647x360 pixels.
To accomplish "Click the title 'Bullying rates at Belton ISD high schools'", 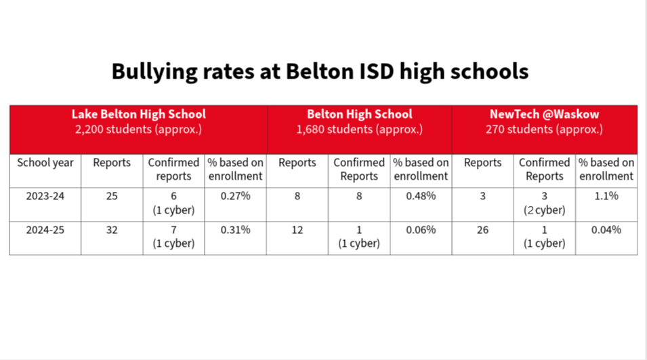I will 320,71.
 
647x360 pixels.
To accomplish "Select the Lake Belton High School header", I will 138,114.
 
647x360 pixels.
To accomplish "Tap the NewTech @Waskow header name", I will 544,114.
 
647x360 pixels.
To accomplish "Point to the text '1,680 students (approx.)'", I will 359,129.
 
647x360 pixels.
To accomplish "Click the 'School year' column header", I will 45,163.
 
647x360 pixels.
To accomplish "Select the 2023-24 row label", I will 45,197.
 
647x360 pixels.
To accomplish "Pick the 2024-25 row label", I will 45,230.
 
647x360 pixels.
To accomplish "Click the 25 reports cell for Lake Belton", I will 112,197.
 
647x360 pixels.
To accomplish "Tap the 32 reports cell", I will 112,230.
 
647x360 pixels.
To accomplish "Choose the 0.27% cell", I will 235,197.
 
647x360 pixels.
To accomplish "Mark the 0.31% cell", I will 235,230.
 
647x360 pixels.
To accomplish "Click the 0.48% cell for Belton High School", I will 421,197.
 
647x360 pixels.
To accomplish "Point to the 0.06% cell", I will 421,230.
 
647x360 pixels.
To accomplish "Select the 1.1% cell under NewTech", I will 606,197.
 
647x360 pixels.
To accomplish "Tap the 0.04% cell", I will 606,230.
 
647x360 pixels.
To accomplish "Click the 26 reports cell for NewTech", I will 482,230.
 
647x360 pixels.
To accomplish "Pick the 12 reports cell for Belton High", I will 297,230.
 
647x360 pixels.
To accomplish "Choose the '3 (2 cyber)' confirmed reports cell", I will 544,203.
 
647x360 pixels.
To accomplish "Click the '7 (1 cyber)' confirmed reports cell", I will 173,237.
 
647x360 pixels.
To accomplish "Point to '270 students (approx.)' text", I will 544,129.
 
